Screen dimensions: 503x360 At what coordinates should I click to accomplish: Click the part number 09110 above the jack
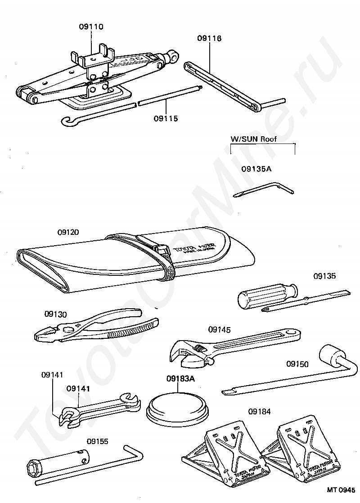(91, 27)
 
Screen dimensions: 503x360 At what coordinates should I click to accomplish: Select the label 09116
(209, 39)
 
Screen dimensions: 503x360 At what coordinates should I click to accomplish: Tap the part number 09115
(166, 118)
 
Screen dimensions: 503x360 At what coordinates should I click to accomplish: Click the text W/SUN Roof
(253, 139)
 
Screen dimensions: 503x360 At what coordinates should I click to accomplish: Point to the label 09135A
(256, 169)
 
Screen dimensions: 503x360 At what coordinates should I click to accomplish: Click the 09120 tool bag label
(68, 233)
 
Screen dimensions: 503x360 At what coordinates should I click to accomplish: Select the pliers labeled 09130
(97, 328)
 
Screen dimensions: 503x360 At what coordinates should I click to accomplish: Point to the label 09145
(219, 330)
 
